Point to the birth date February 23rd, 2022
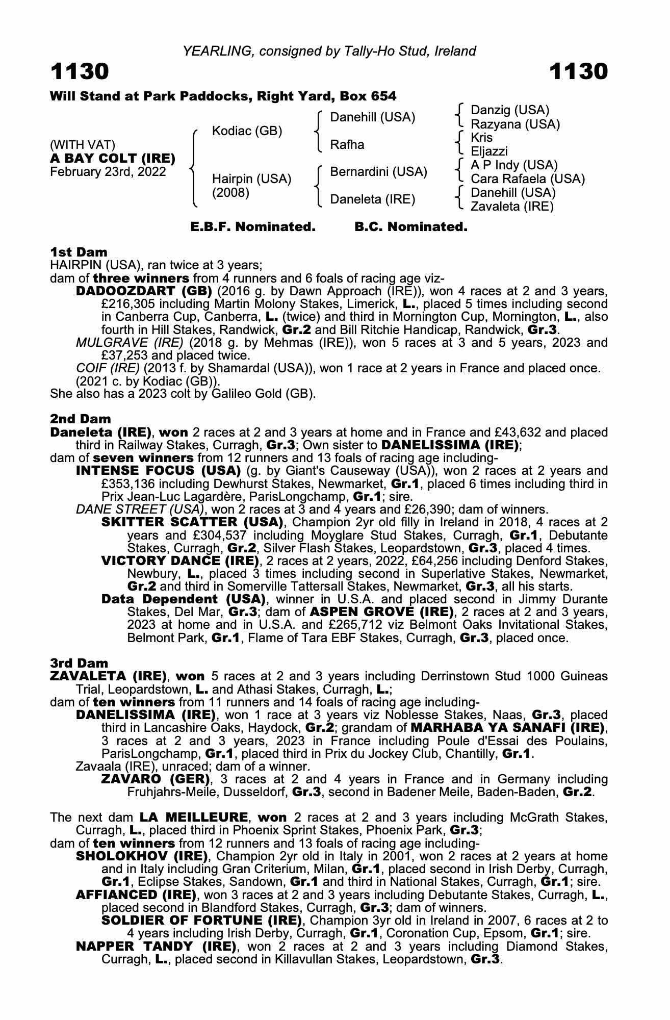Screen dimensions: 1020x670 click(108, 172)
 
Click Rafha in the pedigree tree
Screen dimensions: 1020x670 click(347, 145)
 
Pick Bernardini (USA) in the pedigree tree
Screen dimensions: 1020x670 click(378, 172)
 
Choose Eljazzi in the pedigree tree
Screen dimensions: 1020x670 click(489, 151)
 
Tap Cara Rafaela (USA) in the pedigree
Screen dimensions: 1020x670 click(527, 179)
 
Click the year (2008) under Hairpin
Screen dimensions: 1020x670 click(230, 193)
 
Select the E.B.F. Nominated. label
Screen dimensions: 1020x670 click(253, 227)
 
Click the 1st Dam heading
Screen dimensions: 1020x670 click(79, 252)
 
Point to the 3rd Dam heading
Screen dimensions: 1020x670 click(79, 663)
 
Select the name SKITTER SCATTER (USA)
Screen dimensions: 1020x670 click(192, 522)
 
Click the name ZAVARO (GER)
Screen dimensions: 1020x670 click(156, 779)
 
